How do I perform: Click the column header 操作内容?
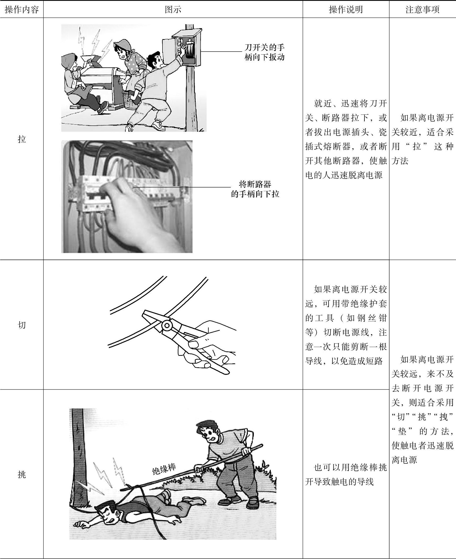click(22, 10)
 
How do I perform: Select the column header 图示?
click(173, 10)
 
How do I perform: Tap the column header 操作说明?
click(346, 10)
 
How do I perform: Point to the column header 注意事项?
click(422, 10)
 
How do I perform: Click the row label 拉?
click(22, 139)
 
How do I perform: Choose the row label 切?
click(22, 325)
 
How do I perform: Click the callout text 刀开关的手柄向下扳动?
click(265, 52)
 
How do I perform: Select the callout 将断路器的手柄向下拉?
click(255, 189)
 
